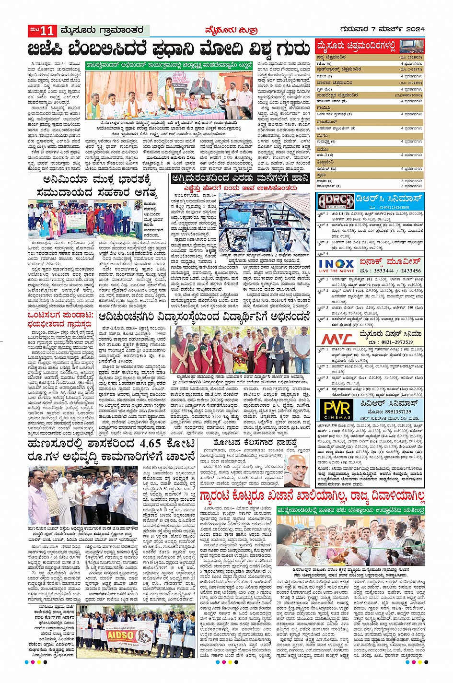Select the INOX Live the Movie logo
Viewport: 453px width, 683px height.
tap(336, 266)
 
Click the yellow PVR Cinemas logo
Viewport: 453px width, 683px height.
tap(337, 410)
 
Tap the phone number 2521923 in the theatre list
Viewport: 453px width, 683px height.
tap(411, 57)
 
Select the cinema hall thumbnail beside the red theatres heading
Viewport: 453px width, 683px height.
tap(411, 47)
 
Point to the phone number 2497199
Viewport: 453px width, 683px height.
tap(411, 82)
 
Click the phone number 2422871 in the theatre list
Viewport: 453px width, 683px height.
tap(411, 70)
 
